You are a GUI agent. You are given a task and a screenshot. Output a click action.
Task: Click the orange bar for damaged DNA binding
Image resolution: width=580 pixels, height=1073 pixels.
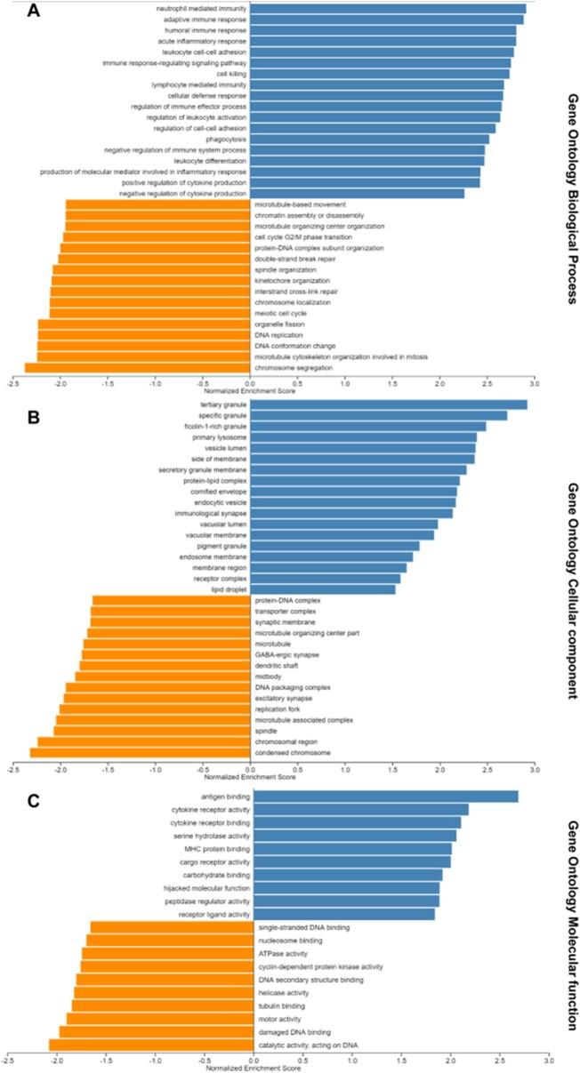[157, 1031]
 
